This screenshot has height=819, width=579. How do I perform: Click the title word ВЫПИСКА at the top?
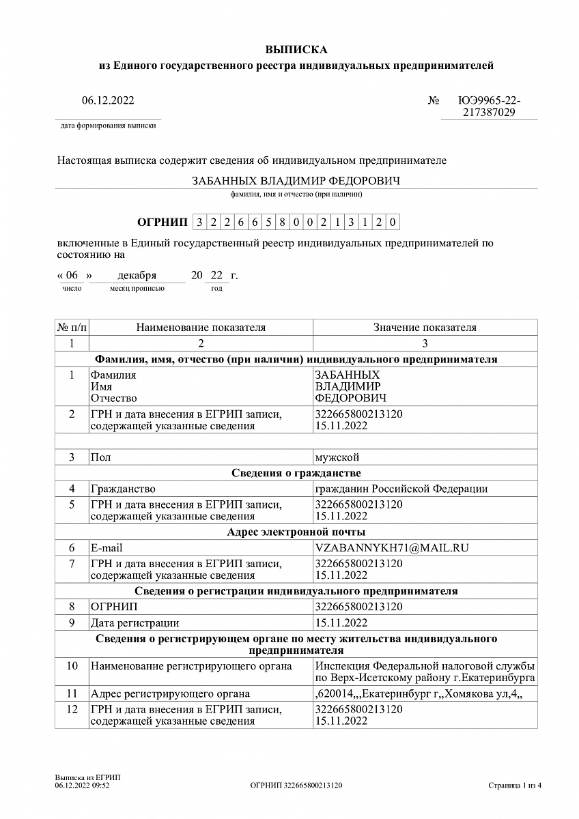(296, 50)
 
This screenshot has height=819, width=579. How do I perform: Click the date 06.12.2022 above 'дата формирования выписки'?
(108, 101)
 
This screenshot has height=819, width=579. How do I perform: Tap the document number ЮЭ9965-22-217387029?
(489, 106)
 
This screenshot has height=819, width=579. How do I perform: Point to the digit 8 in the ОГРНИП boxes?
(281, 222)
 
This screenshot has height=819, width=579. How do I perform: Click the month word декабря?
(137, 276)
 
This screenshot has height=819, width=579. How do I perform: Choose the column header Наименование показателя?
(201, 328)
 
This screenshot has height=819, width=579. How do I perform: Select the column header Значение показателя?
(425, 328)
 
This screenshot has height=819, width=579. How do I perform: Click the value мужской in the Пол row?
(337, 457)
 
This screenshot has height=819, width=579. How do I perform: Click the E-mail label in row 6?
(107, 547)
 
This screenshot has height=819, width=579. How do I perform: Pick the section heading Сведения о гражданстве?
(296, 473)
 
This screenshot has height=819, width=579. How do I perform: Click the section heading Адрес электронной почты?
(296, 532)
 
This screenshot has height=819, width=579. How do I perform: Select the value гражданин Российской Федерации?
(401, 489)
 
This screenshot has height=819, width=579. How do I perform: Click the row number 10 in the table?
(72, 666)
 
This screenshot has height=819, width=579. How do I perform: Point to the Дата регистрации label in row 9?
(135, 622)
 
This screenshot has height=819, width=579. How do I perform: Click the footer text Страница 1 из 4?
(515, 786)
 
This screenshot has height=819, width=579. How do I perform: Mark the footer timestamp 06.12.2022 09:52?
(82, 786)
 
